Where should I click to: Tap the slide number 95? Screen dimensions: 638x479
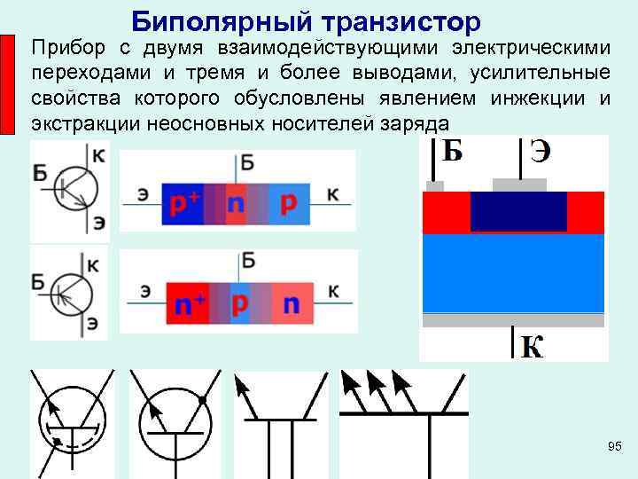click(615, 444)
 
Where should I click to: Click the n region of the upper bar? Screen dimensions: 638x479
click(236, 204)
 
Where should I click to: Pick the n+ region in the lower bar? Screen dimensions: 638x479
click(190, 305)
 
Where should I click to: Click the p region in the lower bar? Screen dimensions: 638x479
click(239, 302)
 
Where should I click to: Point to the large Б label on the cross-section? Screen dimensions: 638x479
click(452, 152)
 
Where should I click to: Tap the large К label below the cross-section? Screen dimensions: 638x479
click(532, 346)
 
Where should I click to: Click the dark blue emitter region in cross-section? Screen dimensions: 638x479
click(517, 211)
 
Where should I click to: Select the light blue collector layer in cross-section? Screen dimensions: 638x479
click(513, 272)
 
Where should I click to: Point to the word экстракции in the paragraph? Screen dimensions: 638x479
click(84, 122)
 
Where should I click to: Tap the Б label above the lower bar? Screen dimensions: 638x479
click(248, 260)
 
